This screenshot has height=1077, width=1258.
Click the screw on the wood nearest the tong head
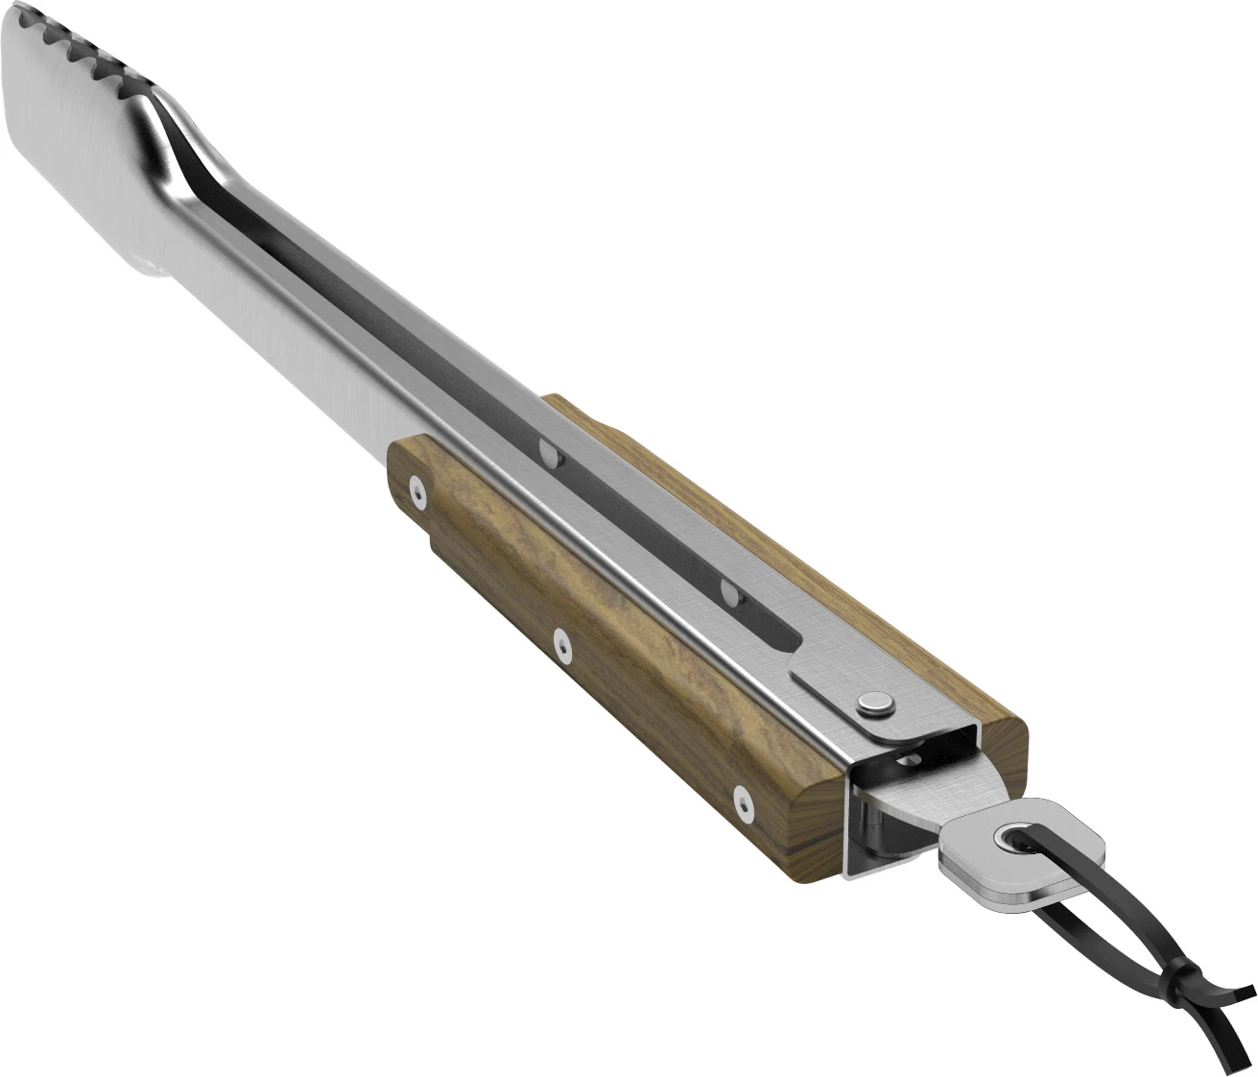[416, 491]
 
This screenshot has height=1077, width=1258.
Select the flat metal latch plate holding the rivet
[844, 701]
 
